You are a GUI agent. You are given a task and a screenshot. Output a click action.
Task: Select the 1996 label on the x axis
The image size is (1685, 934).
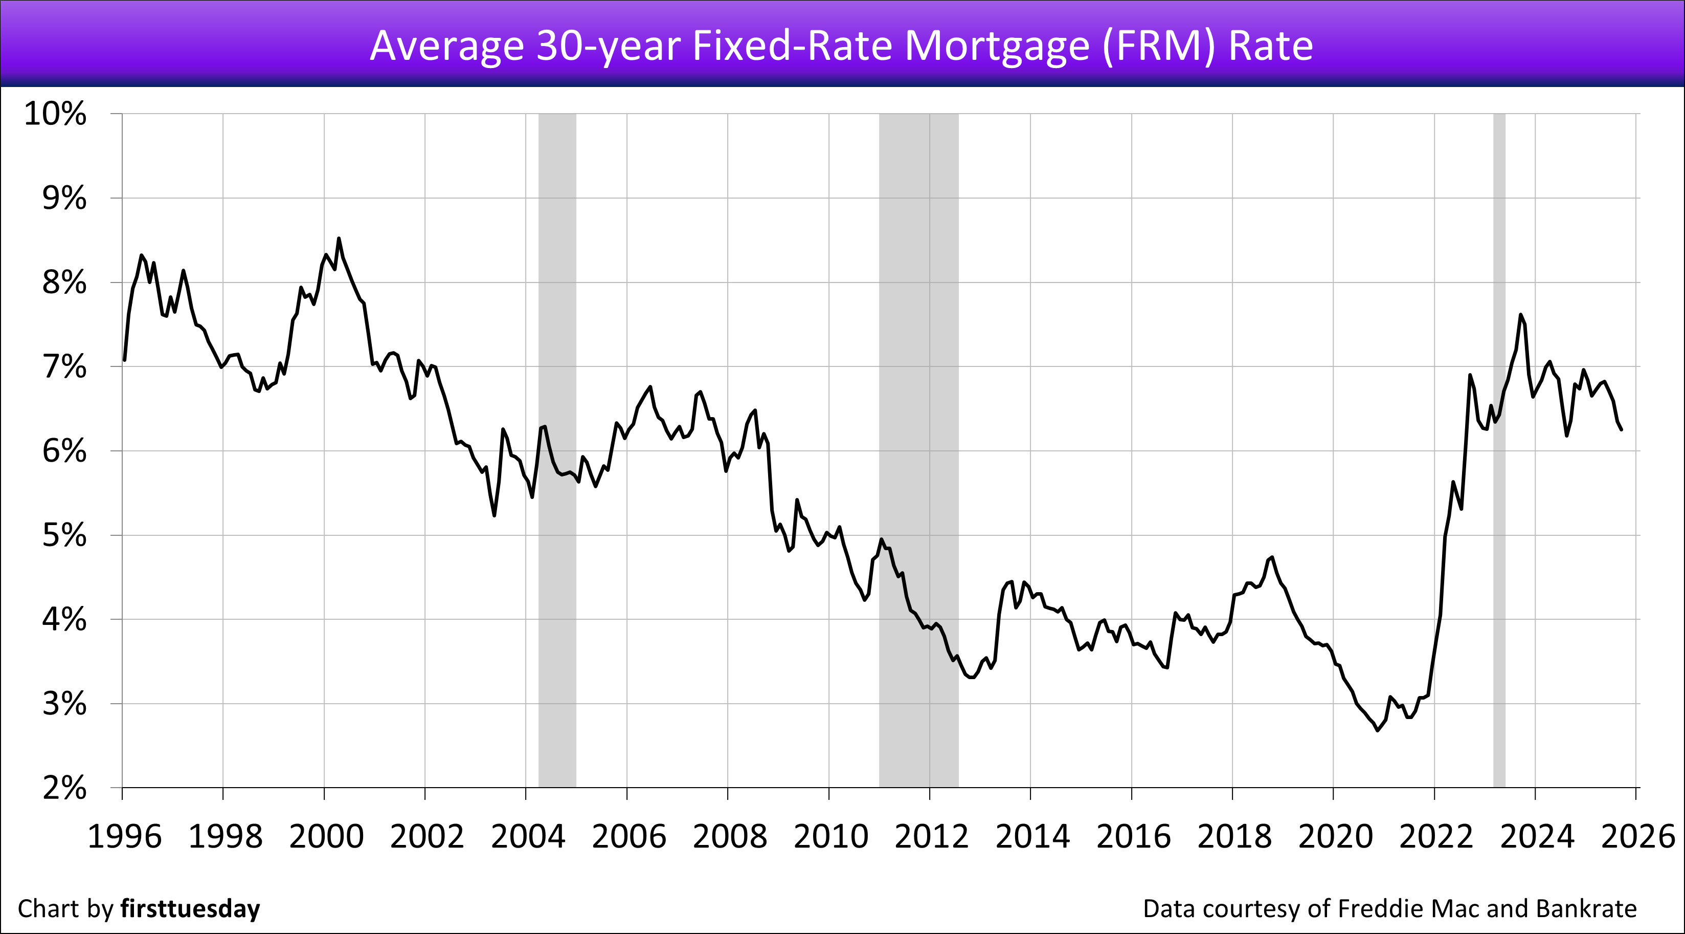(124, 836)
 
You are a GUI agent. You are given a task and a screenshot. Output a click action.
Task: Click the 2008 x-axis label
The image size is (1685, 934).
(729, 836)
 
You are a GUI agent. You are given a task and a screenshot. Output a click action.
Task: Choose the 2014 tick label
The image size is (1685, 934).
(1032, 836)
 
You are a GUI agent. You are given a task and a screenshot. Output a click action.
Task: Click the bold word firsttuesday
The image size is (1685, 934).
(190, 908)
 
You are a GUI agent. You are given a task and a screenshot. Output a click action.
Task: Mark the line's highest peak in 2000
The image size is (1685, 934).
(338, 239)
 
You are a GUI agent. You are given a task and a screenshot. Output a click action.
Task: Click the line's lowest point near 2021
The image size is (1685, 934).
(1378, 730)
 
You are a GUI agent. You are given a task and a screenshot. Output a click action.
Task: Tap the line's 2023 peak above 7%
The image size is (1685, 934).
(1521, 315)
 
